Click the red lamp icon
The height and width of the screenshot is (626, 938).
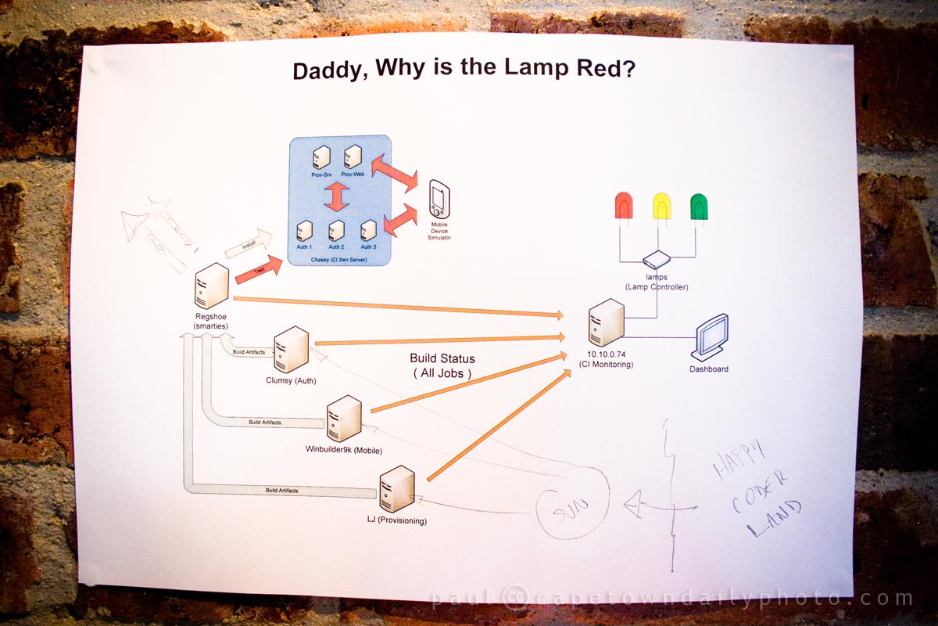pyautogui.click(x=624, y=207)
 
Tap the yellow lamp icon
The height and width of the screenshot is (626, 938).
pyautogui.click(x=662, y=207)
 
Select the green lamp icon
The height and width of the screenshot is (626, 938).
pyautogui.click(x=699, y=207)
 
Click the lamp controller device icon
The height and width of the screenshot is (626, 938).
pyautogui.click(x=656, y=260)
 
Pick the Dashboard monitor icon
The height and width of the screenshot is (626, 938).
pyautogui.click(x=712, y=337)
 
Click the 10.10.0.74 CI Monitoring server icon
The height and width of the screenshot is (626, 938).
pyautogui.click(x=607, y=322)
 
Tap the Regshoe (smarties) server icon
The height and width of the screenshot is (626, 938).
pyautogui.click(x=211, y=286)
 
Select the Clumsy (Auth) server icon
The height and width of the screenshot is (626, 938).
pyautogui.click(x=291, y=350)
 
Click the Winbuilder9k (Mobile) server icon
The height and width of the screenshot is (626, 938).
pyautogui.click(x=344, y=419)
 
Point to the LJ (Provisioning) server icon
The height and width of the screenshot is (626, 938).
pyautogui.click(x=396, y=488)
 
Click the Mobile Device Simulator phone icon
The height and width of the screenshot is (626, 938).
pyautogui.click(x=439, y=200)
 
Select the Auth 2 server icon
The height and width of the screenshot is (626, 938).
pyautogui.click(x=337, y=231)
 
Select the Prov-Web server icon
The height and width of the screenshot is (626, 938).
pyautogui.click(x=353, y=156)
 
